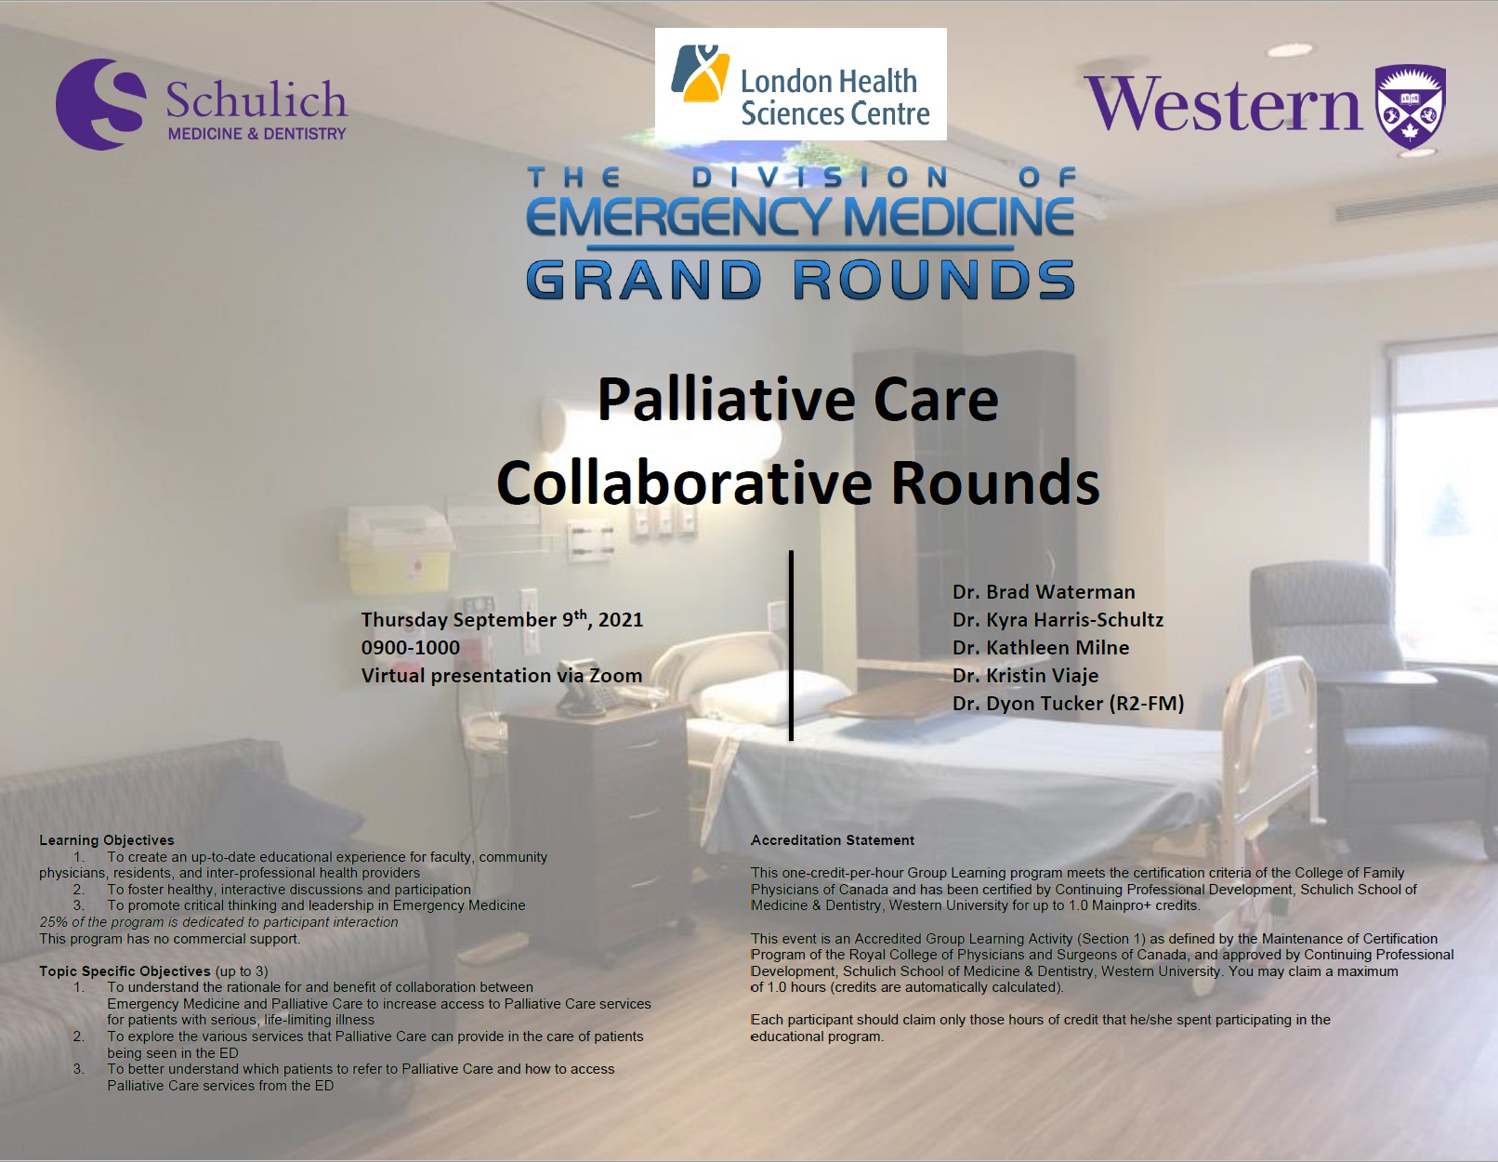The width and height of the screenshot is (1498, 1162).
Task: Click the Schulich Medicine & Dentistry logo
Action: (202, 104)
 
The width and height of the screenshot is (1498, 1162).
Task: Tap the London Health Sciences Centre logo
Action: (800, 85)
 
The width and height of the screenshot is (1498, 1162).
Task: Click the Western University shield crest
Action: (1411, 106)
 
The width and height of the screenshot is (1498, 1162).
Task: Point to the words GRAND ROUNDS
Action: (800, 279)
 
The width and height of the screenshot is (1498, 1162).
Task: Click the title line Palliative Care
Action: (797, 400)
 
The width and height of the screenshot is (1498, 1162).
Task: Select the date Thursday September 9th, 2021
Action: (502, 618)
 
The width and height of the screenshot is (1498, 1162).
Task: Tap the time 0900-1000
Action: (411, 648)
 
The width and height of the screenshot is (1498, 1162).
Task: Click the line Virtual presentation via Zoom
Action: (502, 675)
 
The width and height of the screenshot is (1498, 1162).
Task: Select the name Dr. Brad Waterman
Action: (1044, 591)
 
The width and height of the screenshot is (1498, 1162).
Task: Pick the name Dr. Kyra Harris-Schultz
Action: (1058, 619)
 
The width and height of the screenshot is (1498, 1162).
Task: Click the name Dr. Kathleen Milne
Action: (1041, 648)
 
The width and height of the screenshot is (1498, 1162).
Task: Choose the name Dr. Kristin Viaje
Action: (1026, 675)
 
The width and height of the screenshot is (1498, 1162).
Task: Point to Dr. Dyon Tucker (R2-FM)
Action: (1069, 704)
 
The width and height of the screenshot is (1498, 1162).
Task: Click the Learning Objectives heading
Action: (107, 840)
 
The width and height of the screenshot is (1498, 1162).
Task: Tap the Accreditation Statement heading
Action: (833, 840)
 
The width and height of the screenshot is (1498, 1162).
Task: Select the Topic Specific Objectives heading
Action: (125, 971)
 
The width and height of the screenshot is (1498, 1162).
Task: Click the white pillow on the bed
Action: (772, 696)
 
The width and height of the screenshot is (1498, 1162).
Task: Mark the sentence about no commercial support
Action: (169, 939)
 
